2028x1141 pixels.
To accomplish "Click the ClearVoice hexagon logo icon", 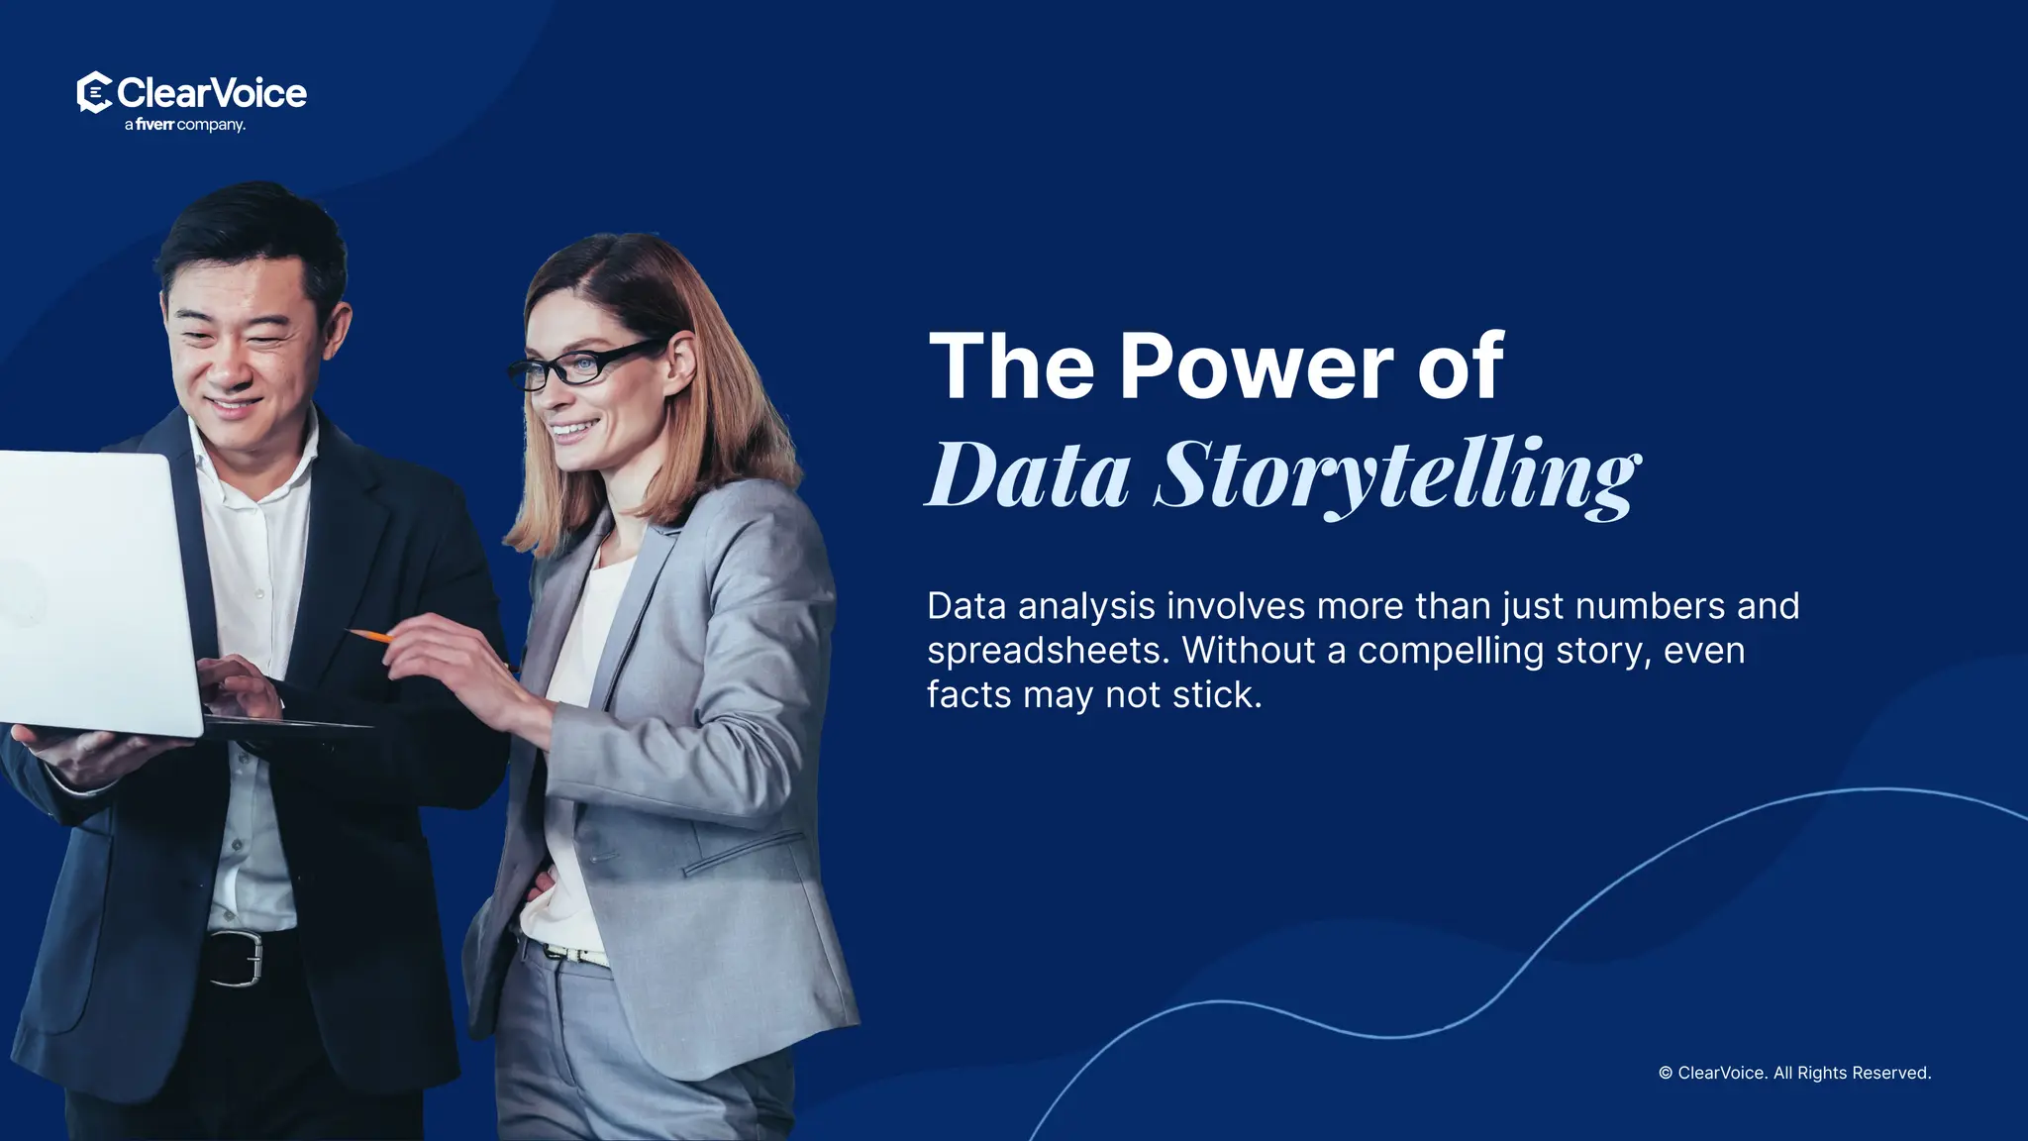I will pos(94,93).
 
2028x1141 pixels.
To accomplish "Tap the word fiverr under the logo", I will pos(154,125).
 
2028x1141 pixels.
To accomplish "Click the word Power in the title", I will pos(1256,366).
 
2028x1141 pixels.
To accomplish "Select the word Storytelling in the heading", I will pos(1397,475).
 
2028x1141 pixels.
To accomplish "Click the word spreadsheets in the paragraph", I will pos(1049,651).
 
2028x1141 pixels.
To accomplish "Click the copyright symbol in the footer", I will pos(1666,1074).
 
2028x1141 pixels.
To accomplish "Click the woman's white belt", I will pos(574,955).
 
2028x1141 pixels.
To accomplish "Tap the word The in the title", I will pos(1011,366).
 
